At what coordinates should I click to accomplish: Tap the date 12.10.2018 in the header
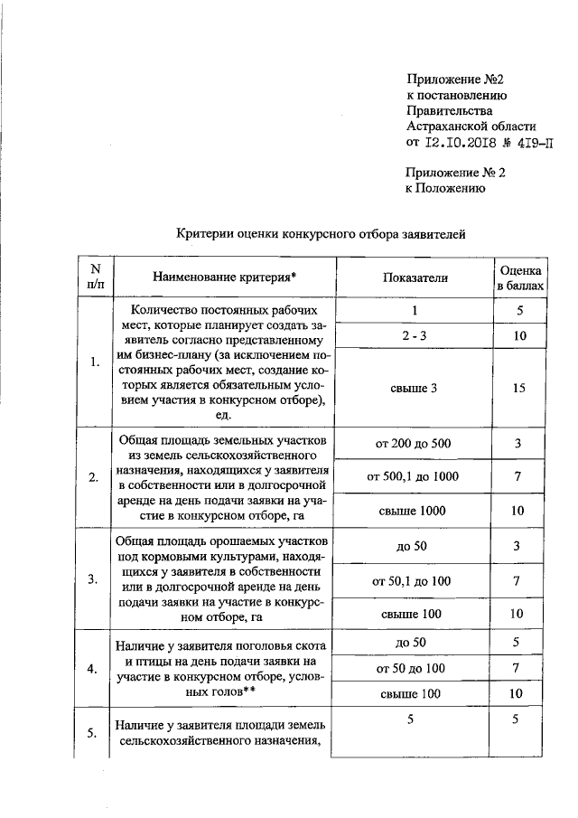pos(458,142)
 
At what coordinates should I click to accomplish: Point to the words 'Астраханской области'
pos(471,126)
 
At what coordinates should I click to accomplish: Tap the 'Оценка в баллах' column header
pos(521,277)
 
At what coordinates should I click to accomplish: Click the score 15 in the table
pos(517,388)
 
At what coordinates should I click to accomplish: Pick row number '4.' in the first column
pos(94,668)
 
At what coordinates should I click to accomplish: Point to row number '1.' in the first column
pos(95,363)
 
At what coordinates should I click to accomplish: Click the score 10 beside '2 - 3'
pos(517,335)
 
